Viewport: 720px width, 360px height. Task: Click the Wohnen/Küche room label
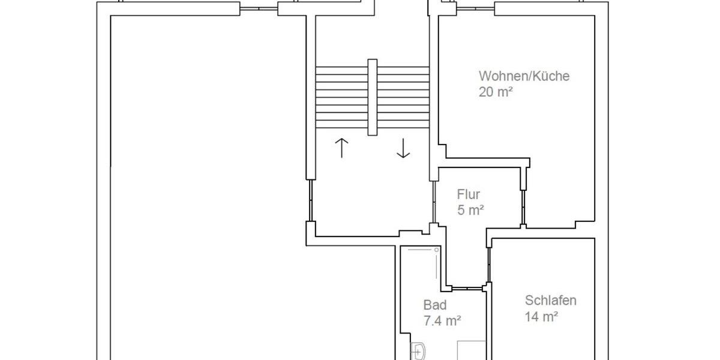pos(524,76)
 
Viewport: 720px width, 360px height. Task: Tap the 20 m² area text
pos(496,92)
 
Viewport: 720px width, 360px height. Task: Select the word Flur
pos(469,194)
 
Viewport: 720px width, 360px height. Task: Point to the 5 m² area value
pos(470,210)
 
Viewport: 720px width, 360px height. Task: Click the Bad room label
pos(434,305)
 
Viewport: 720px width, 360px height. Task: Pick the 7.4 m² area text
pos(442,320)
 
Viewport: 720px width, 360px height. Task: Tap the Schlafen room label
pos(550,301)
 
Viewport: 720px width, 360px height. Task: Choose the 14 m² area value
pos(541,316)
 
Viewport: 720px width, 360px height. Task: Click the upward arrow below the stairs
pos(341,148)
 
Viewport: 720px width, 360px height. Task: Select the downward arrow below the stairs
pos(403,148)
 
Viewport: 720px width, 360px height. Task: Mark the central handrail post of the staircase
pos(373,96)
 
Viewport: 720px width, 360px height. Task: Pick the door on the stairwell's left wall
pos(310,200)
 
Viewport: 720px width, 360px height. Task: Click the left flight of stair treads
pos(341,96)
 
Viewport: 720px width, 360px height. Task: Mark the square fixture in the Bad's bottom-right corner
pos(471,350)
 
